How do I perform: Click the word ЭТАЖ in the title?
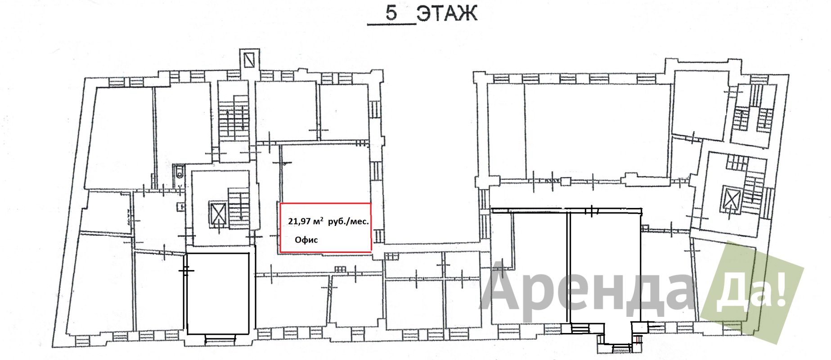pos(446,13)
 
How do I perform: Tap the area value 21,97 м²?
pos(305,221)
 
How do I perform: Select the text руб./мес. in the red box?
pos(348,221)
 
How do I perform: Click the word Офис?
pos(306,240)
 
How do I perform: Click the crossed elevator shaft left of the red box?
pos(218,213)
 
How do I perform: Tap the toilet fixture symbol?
pos(180,172)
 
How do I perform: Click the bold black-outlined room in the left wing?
pos(218,294)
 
